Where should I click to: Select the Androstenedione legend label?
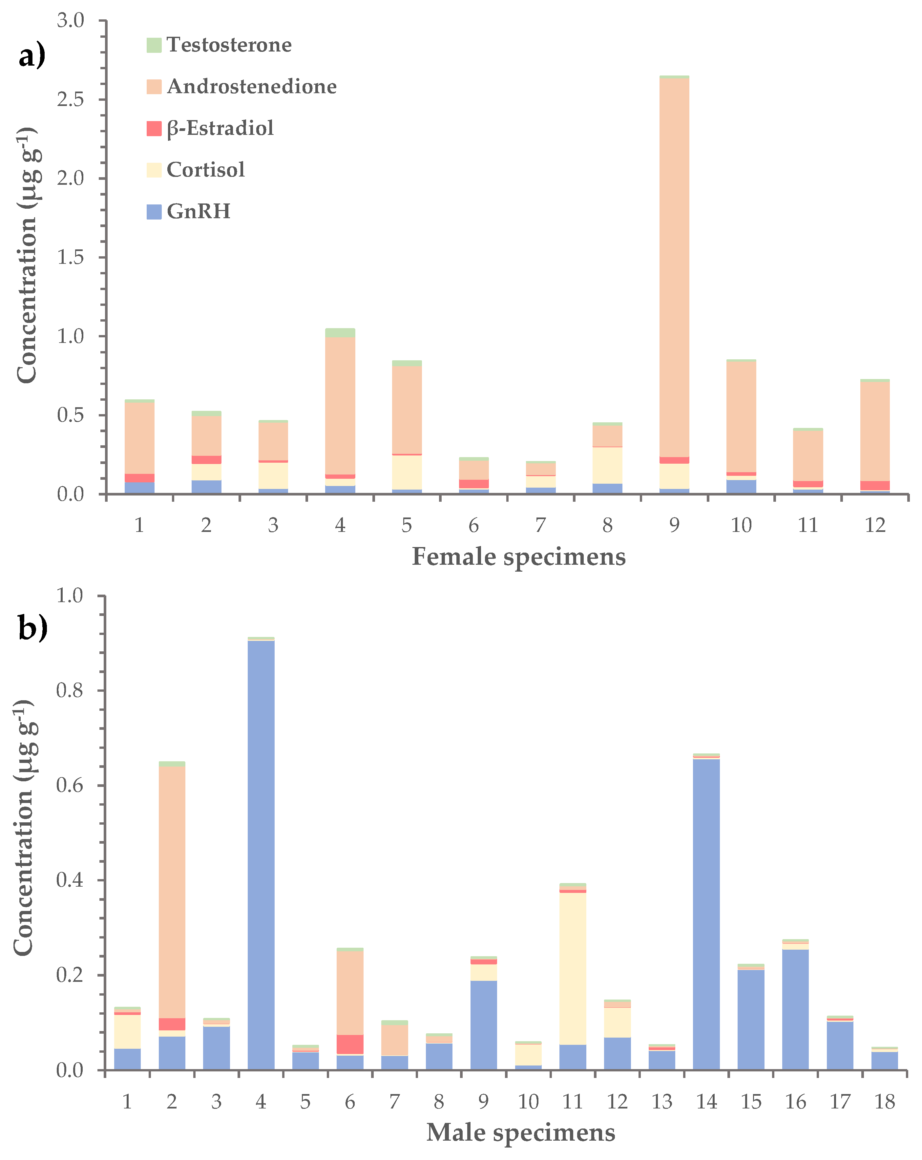point(251,87)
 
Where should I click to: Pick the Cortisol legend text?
point(205,170)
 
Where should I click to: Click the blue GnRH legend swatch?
point(154,211)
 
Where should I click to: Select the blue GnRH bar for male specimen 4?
point(261,855)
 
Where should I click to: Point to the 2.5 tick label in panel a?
point(71,99)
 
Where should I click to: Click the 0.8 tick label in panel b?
point(70,691)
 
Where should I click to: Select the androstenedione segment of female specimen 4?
point(340,406)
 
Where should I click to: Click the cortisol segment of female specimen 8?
point(607,465)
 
